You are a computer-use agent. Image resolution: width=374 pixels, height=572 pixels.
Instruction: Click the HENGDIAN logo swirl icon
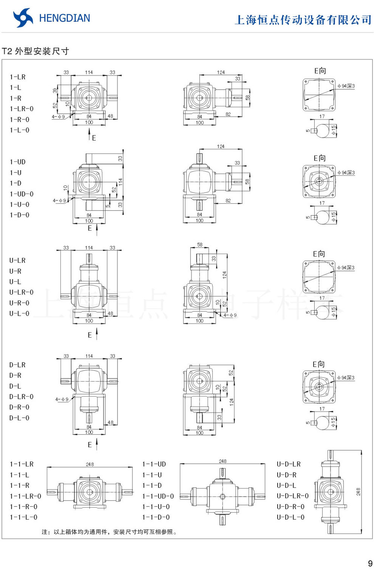coord(23,18)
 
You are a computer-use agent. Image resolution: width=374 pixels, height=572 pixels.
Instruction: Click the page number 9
coord(370,564)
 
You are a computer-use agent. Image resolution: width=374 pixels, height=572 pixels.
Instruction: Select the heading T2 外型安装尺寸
coord(36,51)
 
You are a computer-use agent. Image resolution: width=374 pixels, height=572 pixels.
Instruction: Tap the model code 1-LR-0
coord(22,109)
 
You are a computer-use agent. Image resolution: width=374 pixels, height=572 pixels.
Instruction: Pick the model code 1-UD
coord(18,162)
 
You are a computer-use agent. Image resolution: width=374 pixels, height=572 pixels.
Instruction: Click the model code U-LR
coord(17,260)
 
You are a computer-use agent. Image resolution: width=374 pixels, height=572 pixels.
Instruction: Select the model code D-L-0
coord(19,418)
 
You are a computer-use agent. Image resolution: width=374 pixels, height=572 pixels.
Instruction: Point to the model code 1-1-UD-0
coord(158,496)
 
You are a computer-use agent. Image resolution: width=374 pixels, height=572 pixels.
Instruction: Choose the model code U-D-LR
coord(289,464)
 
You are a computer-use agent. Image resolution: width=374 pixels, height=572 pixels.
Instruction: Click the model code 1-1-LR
coord(22,464)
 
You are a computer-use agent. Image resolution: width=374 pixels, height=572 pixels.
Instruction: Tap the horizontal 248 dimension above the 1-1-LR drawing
coord(90,464)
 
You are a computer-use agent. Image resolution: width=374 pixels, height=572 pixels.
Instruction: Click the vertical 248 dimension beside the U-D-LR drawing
coord(358,492)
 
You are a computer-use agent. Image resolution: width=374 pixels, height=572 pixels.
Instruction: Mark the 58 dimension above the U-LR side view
coord(200,245)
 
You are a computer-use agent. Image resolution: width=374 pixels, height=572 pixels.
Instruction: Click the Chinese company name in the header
coord(303,20)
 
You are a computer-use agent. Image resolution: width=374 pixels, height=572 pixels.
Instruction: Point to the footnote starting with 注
coord(110,532)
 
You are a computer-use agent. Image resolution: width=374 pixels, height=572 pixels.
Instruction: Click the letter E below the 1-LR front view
coord(94,138)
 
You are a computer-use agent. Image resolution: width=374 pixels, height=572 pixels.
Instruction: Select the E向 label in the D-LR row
coord(318,364)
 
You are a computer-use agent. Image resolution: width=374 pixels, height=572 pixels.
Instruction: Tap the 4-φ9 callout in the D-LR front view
coord(62,399)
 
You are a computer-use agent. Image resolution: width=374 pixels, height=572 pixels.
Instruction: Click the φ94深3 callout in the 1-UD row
coord(346,173)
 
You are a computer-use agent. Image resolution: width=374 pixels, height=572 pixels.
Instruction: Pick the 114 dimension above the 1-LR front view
coord(89,72)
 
